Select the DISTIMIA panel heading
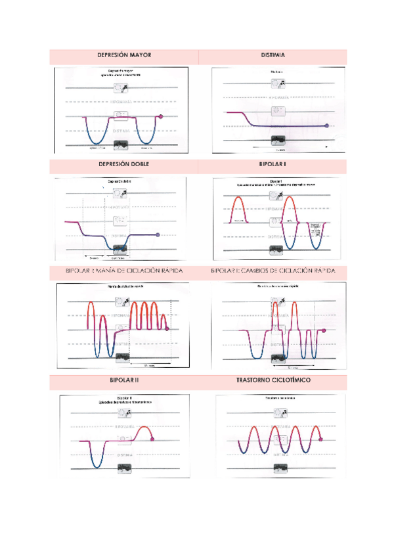tap(272, 56)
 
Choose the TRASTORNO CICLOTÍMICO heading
tap(272, 380)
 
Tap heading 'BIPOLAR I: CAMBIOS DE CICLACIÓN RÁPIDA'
tap(272, 271)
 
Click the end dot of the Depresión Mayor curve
tap(161, 117)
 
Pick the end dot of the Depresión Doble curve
tap(158, 234)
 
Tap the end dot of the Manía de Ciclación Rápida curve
tap(167, 328)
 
